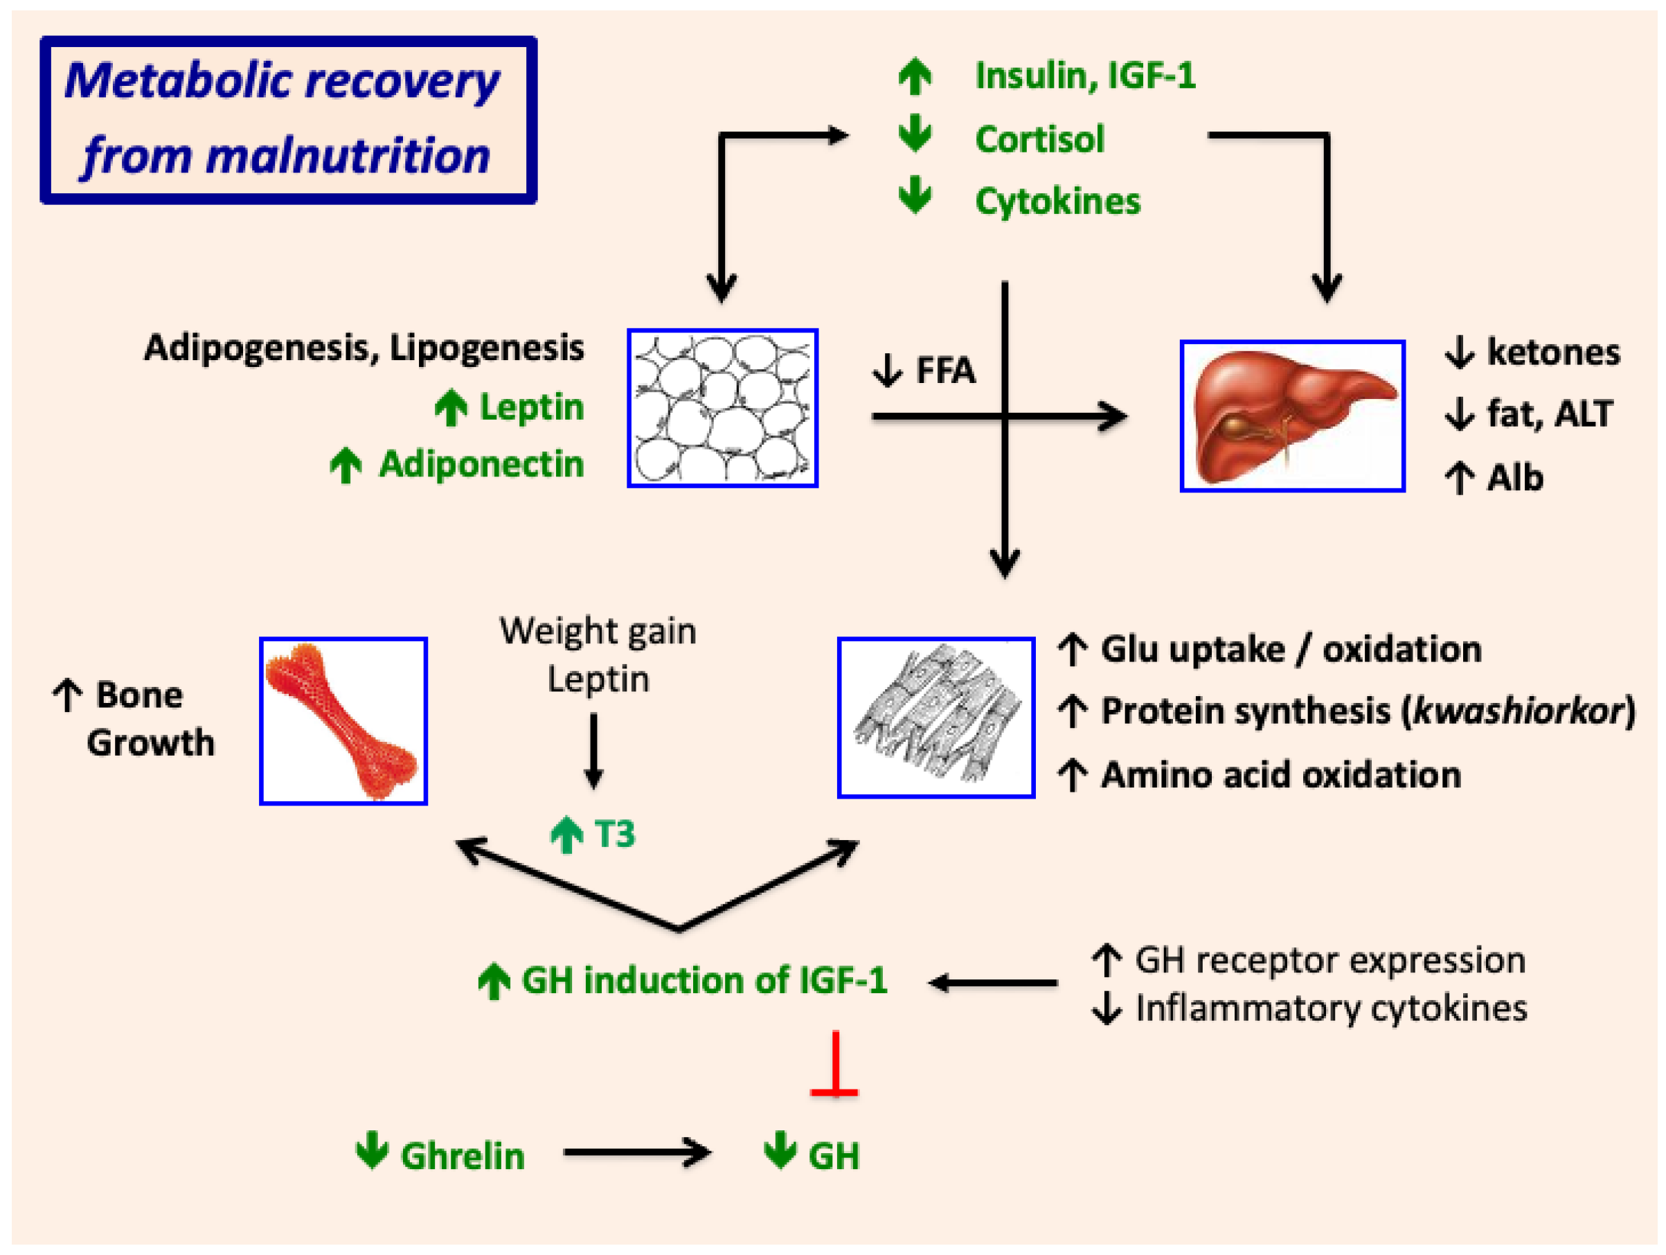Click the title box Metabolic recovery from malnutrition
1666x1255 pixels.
[x=288, y=120]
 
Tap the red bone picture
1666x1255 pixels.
[x=343, y=721]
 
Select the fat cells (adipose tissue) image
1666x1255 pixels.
[x=722, y=407]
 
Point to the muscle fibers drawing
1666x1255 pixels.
[x=935, y=716]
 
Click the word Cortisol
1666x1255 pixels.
[x=1039, y=139]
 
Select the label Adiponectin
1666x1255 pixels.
[x=481, y=464]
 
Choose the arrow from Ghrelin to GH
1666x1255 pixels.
[x=636, y=1152]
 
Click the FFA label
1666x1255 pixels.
[x=944, y=371]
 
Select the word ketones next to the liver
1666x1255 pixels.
[x=1552, y=352]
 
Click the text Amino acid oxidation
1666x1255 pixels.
[x=1280, y=774]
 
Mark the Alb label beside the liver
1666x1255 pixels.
[x=1514, y=478]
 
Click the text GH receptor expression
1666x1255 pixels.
[x=1329, y=961]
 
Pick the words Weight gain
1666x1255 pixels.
[x=598, y=631]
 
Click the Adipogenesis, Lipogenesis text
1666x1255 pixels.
[x=364, y=348]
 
